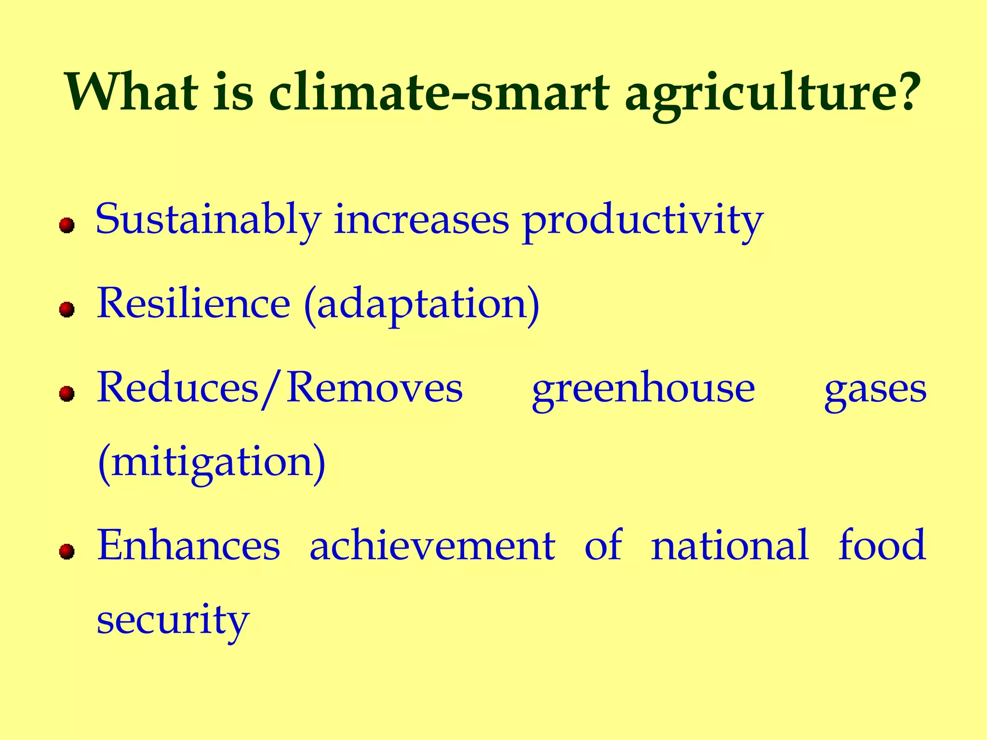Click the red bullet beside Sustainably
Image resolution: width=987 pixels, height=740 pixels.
pos(67,225)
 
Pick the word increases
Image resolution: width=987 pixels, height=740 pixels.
pos(421,220)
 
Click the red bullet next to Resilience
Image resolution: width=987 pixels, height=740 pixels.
pos(67,309)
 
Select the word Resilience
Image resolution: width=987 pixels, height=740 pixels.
pos(193,304)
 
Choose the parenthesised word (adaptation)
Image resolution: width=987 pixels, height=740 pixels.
pos(422,305)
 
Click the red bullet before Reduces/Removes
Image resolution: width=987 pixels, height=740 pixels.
pos(67,394)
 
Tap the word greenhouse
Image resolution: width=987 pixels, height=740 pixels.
pos(643,389)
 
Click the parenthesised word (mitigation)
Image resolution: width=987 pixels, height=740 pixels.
pos(212,462)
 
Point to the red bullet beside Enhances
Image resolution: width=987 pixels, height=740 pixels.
pos(67,551)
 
